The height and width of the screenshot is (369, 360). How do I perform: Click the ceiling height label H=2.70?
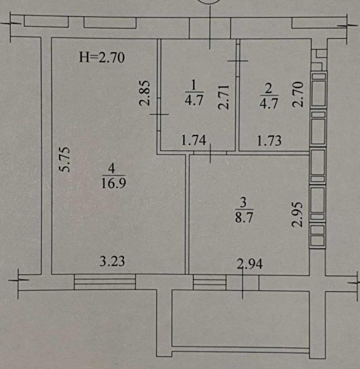(x=102, y=57)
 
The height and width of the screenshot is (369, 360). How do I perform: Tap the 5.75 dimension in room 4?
(x=65, y=159)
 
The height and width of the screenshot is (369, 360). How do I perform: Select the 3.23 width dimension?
(x=112, y=261)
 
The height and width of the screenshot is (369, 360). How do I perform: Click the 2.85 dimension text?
(x=144, y=93)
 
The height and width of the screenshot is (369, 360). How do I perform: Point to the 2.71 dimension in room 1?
(x=223, y=97)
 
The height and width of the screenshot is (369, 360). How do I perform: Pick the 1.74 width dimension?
(x=194, y=140)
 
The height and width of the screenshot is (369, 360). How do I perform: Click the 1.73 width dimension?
(x=269, y=141)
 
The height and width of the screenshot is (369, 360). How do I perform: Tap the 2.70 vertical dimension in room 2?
(x=297, y=94)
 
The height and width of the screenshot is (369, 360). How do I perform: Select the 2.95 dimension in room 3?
(x=297, y=214)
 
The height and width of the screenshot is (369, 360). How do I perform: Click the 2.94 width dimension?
(x=250, y=264)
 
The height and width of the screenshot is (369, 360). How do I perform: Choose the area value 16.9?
(x=114, y=183)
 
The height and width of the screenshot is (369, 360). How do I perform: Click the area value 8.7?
(x=244, y=217)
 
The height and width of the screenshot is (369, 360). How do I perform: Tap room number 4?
(x=111, y=169)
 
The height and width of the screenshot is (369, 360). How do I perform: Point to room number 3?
(x=243, y=202)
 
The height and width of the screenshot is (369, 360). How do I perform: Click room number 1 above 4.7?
(x=194, y=85)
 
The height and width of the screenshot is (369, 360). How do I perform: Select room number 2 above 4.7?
(x=268, y=89)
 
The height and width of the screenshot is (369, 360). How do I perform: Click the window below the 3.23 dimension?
(x=105, y=281)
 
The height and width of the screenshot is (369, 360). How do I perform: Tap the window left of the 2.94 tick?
(x=209, y=283)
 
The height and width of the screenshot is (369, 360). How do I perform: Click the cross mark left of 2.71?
(x=159, y=115)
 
